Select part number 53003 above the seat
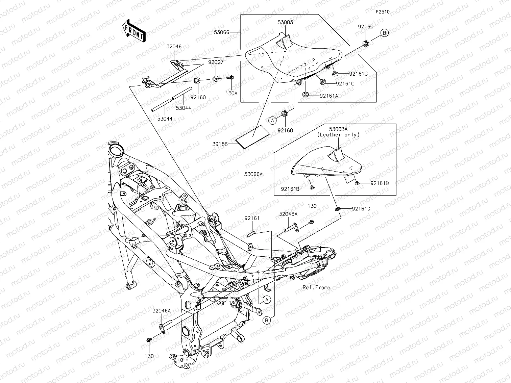coord(285,23)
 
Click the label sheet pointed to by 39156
coord(253,136)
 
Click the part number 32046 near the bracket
coord(173,47)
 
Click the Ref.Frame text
coord(316,287)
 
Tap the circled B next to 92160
coord(385,33)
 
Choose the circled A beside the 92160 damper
coord(272,120)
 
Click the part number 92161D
coord(361,209)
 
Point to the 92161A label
coord(329,96)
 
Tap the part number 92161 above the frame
coord(252,218)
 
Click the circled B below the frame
coord(267,321)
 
